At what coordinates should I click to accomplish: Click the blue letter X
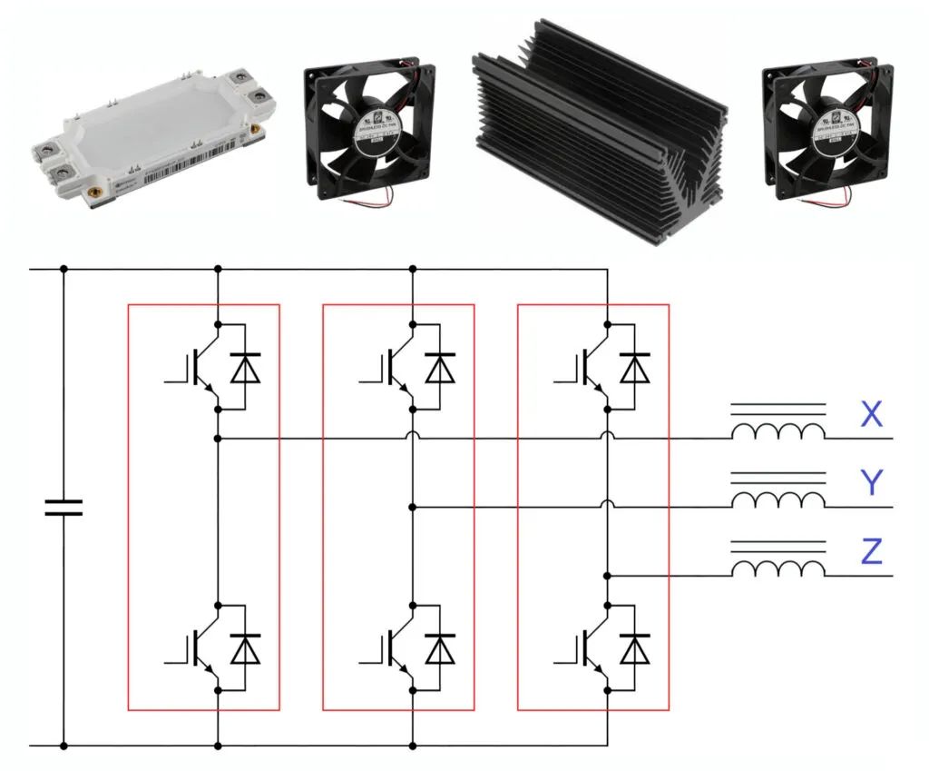[871, 415]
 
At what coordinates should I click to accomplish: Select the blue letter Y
[871, 483]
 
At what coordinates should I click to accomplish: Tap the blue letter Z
[871, 551]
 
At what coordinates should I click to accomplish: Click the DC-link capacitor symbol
[64, 507]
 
